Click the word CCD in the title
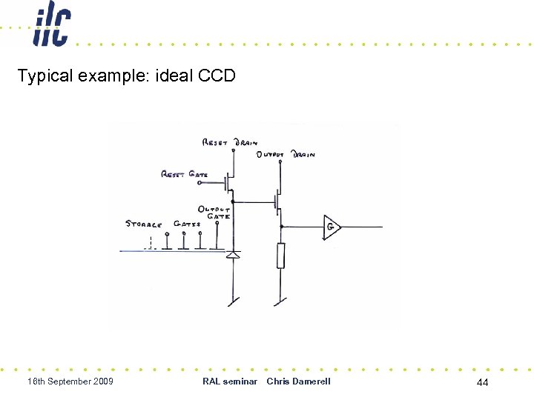[217, 76]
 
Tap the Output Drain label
[286, 155]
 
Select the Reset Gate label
[185, 174]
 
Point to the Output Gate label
[214, 213]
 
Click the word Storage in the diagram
[144, 223]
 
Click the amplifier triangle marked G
[332, 227]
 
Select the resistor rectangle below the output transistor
[280, 256]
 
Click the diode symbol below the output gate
[234, 256]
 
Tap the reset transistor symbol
[230, 181]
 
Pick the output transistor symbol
[277, 201]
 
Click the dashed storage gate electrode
[151, 244]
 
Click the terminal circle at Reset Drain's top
[234, 150]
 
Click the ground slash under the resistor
[279, 301]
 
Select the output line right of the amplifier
[363, 227]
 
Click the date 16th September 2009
[70, 381]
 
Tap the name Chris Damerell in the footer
[298, 381]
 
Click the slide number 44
[482, 382]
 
